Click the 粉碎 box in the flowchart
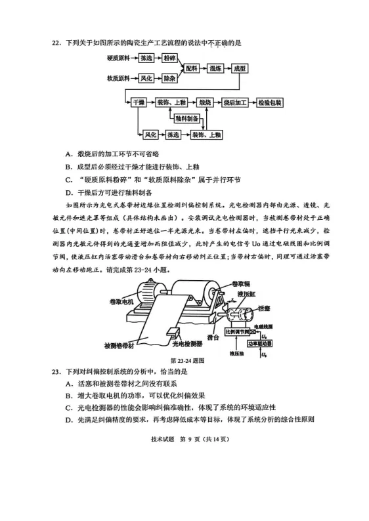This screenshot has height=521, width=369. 170,58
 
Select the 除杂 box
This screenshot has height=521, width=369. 169,79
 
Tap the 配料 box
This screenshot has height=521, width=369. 192,68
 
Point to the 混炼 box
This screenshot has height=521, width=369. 215,68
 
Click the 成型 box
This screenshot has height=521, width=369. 240,68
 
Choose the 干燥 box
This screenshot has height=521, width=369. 139,102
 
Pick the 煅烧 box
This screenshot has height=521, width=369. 205,102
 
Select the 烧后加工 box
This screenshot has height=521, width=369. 235,102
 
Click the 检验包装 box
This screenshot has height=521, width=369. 270,102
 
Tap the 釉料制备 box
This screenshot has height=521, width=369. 187,118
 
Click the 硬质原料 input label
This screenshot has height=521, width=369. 118,58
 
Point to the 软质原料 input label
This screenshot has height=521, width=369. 118,79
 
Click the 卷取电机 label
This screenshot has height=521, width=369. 121,302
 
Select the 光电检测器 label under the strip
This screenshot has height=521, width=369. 188,344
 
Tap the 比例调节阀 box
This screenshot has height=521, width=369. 238,331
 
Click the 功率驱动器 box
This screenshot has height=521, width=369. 259,343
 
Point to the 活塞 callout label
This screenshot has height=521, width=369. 264,308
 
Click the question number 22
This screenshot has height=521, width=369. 56,43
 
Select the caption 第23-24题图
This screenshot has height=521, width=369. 187,360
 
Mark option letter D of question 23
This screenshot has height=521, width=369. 69,420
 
